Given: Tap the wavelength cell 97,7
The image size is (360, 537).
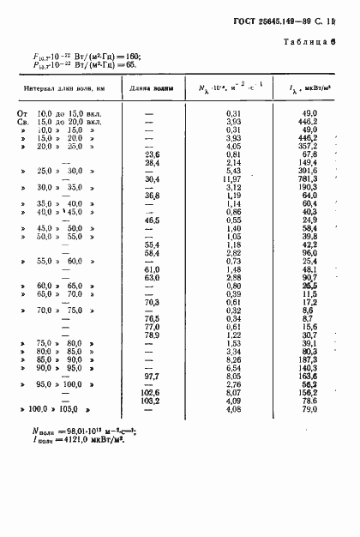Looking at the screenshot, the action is click(154, 376).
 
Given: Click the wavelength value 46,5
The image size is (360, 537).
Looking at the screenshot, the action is click(154, 220).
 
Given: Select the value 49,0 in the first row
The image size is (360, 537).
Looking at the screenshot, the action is click(309, 112).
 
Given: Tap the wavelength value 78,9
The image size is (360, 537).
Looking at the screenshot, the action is click(154, 335).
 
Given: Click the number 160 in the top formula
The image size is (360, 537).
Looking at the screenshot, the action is click(129, 56).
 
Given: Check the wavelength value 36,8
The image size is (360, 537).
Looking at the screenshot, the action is click(154, 195).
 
